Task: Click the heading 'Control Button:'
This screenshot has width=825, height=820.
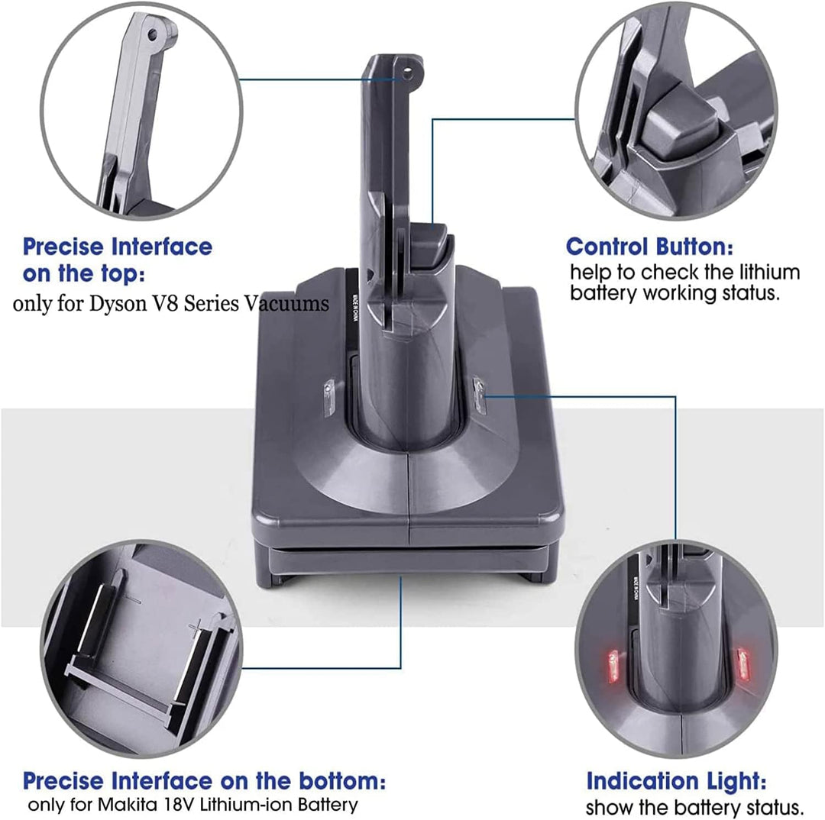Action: click(x=650, y=247)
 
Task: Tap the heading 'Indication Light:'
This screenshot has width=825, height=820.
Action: click(x=677, y=781)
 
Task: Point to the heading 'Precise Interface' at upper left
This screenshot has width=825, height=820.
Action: click(x=117, y=247)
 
